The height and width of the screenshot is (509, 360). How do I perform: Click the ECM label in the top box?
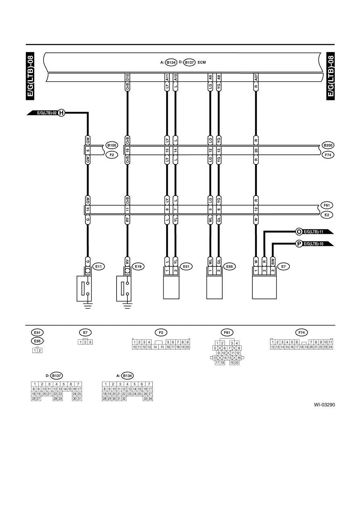click(202, 62)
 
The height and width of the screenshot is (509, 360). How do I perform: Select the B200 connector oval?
click(328, 145)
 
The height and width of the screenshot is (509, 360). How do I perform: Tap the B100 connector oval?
click(112, 145)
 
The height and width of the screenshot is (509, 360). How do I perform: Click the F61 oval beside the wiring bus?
click(327, 205)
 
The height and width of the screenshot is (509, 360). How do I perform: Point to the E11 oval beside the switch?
click(98, 266)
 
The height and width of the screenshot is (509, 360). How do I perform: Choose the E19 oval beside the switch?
click(138, 266)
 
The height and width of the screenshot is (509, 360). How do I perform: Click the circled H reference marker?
click(61, 113)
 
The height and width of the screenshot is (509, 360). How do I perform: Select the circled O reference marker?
click(299, 232)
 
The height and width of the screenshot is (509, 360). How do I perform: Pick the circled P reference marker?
click(299, 244)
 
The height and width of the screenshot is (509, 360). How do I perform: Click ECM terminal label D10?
click(127, 77)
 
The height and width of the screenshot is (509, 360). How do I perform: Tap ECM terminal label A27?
click(256, 77)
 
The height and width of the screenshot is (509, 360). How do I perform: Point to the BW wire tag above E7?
click(273, 262)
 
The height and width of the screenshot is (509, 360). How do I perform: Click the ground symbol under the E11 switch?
click(88, 305)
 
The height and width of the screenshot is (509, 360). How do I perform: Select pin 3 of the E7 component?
click(273, 271)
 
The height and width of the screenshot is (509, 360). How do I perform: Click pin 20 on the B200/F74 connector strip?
click(256, 150)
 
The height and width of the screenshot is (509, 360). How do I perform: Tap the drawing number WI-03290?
click(324, 405)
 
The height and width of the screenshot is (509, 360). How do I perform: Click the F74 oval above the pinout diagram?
click(302, 332)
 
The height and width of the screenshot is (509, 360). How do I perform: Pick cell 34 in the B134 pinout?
click(150, 399)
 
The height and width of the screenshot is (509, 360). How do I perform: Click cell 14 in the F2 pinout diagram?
click(155, 347)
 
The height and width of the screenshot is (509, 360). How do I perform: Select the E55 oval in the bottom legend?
click(37, 341)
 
